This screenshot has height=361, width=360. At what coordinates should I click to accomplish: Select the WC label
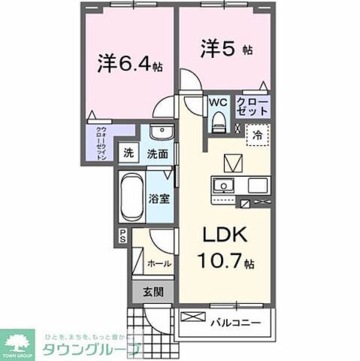pos(219,102)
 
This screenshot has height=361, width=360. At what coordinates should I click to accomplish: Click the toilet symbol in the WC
pos(219,120)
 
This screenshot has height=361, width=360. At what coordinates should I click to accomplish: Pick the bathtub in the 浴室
pos(131,194)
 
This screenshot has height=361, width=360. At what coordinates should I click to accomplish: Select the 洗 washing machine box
pos(129,153)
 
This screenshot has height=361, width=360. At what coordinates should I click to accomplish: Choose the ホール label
pos(159,264)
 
